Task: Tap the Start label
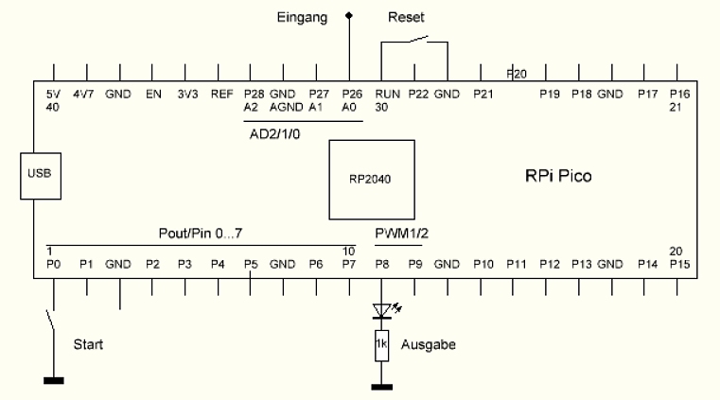click(89, 344)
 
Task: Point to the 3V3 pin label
click(185, 95)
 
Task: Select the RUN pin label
click(387, 95)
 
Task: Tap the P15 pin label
click(679, 264)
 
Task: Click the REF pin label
click(221, 95)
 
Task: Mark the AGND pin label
click(284, 107)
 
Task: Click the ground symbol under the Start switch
click(54, 381)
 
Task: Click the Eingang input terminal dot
click(349, 15)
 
